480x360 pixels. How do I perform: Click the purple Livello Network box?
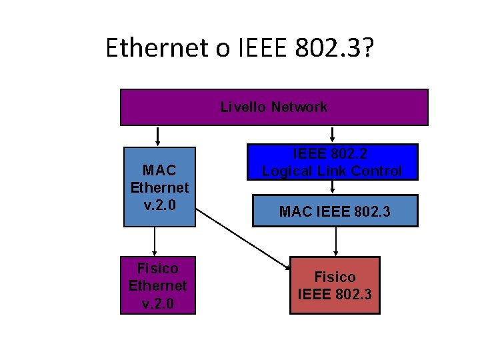pos(273,107)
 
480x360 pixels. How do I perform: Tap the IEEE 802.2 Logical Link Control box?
pos(332,163)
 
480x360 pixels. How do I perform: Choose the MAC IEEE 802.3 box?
pos(335,211)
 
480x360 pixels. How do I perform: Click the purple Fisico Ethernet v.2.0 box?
pos(158,285)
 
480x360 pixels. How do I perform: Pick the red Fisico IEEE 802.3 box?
pos(335,285)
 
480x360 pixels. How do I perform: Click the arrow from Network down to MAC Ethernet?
pos(158,136)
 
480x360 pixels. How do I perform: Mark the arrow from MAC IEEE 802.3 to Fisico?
pos(335,241)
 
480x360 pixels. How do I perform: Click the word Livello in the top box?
pos(243,107)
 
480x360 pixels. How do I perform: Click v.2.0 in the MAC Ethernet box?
pos(160,205)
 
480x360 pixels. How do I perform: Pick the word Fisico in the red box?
pos(335,277)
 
